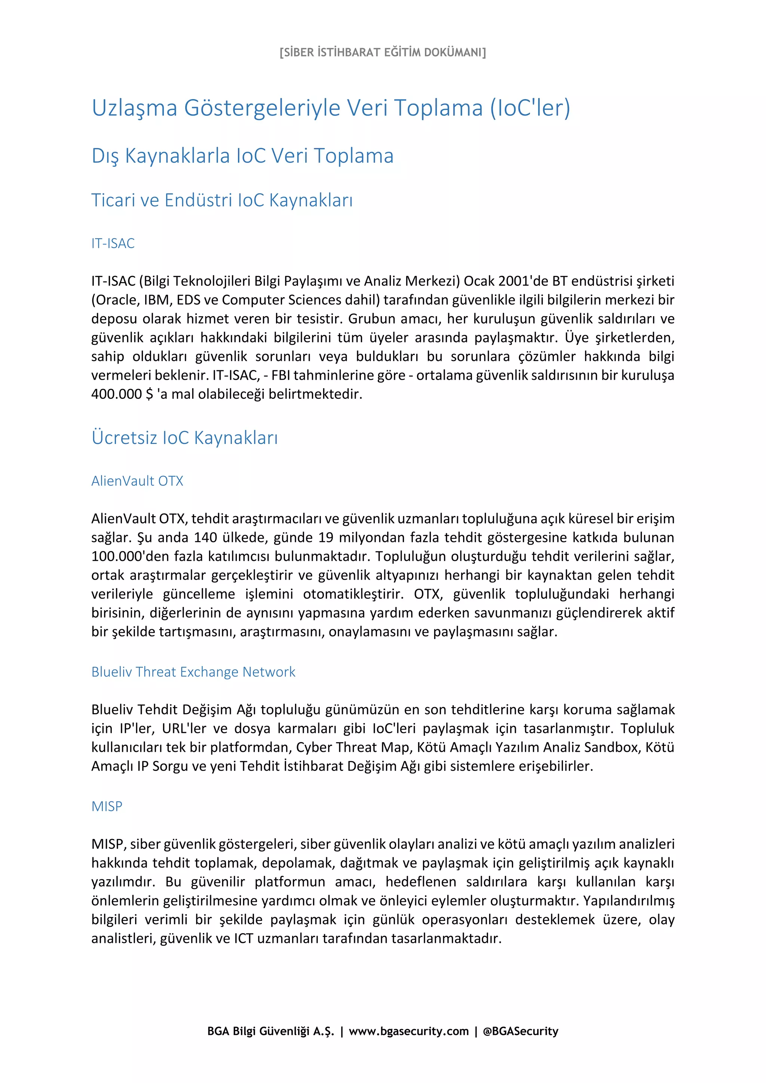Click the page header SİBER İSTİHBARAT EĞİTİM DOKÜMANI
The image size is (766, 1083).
(x=382, y=52)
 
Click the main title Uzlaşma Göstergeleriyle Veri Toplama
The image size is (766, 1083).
(x=330, y=108)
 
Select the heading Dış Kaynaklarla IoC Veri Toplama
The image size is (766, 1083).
(x=242, y=156)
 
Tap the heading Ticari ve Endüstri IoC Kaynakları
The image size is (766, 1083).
(x=222, y=200)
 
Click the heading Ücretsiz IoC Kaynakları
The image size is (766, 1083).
(x=184, y=438)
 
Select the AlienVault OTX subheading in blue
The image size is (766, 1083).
(x=137, y=481)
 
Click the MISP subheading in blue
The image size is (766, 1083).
(x=107, y=806)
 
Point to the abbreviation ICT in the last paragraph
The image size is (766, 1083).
(x=243, y=938)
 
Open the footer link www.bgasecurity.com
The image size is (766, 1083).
(x=409, y=1031)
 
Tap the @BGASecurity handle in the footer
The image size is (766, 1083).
(x=521, y=1031)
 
